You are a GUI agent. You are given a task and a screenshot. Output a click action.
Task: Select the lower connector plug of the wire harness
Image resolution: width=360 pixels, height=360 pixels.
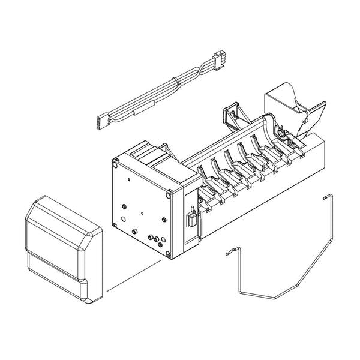pos(99,121)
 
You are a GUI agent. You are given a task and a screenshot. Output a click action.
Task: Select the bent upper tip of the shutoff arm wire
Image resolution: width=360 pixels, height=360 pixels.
pos(325,196)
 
